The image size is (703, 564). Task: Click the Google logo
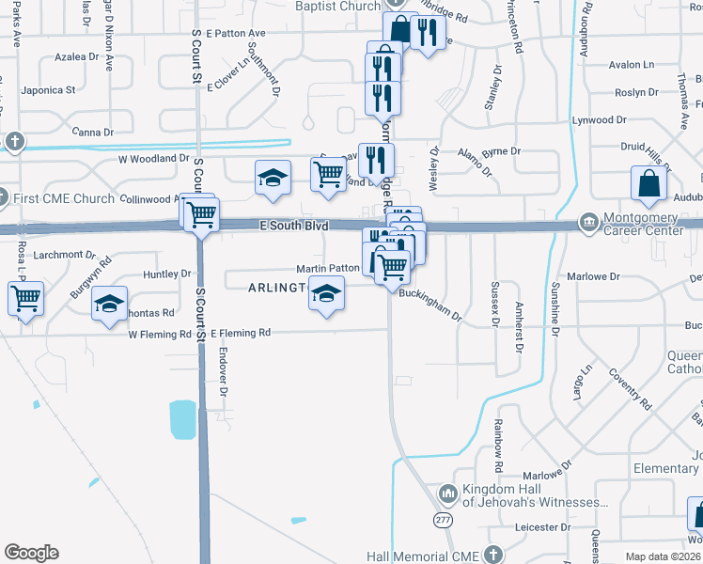click(x=31, y=553)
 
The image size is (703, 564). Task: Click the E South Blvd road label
click(x=294, y=226)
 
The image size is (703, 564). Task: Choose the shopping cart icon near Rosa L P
click(x=25, y=299)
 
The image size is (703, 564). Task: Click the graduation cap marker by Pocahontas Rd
click(x=110, y=304)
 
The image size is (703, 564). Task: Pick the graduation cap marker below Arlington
click(x=326, y=296)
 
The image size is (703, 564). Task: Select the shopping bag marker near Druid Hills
click(x=650, y=184)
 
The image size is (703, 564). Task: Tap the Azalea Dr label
click(x=77, y=57)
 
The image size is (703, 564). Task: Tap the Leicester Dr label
click(x=543, y=527)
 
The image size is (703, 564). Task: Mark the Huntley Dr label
click(x=167, y=274)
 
